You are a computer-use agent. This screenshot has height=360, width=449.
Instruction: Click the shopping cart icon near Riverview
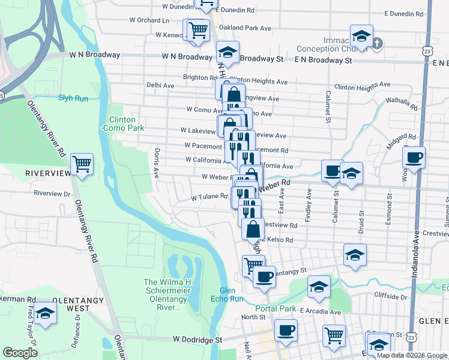(82, 163)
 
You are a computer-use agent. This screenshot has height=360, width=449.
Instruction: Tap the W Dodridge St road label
(197, 339)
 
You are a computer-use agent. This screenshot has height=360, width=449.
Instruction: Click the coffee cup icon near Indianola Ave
(414, 158)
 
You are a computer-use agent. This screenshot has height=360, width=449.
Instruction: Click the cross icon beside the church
(377, 43)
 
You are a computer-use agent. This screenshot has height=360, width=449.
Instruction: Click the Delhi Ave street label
(160, 86)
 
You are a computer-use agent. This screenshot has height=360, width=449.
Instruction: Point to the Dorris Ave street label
(157, 164)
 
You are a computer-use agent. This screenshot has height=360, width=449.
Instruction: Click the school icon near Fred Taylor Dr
(44, 313)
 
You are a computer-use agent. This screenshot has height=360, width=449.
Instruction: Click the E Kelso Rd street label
(277, 240)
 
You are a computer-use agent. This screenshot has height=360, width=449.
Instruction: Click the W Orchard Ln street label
(149, 20)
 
